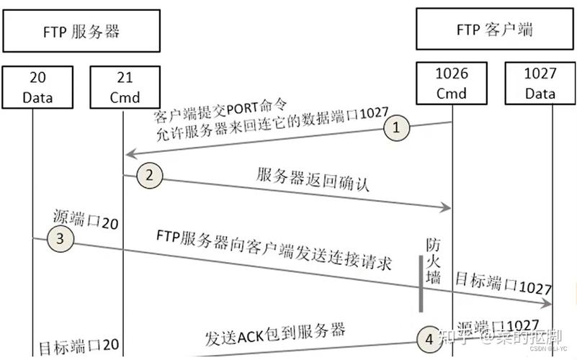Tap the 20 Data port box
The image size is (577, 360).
pos(32,84)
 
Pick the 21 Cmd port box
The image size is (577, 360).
pos(123,84)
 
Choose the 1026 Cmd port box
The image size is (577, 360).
pos(451,84)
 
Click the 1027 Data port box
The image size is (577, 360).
pos(540,84)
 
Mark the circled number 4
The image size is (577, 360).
pos(429,337)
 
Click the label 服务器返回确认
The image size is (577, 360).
pos(313,178)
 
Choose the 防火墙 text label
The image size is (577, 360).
pos(432,262)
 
